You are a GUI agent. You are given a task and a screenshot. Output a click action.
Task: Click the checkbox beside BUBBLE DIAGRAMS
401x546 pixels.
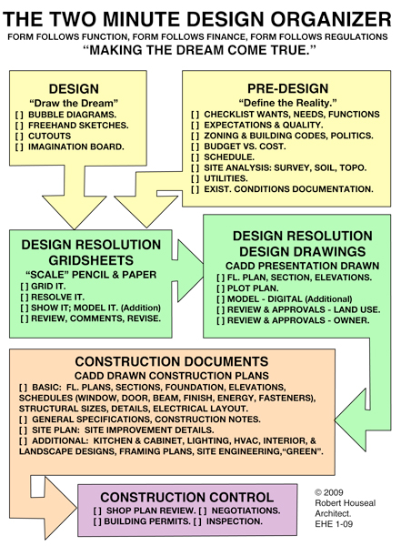[x=19, y=115]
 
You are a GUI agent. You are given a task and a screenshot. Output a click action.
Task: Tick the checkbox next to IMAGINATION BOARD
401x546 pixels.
[x=19, y=147]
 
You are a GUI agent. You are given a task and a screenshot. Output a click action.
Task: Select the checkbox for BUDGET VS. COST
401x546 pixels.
[x=195, y=147]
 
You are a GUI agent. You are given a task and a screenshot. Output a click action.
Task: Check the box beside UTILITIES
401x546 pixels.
[x=195, y=178]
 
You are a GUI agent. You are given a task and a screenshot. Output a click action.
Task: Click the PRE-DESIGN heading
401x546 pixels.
[x=288, y=88]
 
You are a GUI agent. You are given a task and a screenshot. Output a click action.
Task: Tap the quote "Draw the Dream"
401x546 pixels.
[x=74, y=103]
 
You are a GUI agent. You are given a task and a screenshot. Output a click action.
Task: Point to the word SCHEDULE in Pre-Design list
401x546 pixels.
[x=228, y=157]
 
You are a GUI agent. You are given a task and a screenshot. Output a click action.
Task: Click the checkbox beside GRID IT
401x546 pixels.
[x=25, y=287]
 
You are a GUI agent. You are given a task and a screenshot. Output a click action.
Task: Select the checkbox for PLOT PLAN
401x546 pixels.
[x=221, y=288]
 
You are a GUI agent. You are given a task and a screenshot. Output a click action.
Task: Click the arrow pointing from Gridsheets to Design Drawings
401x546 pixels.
[x=187, y=270]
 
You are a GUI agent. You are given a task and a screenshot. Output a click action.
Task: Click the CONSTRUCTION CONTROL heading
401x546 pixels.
[x=187, y=497]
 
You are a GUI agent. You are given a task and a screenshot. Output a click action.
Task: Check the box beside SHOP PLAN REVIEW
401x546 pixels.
[x=97, y=511]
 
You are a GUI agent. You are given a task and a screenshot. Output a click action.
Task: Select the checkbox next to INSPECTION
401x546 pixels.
[x=197, y=521]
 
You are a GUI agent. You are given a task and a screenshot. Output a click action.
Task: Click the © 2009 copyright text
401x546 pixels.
[x=329, y=492]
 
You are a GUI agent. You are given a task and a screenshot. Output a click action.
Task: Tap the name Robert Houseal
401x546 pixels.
[x=346, y=503]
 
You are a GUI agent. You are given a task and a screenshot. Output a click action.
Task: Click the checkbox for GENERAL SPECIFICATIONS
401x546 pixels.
[x=23, y=420]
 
